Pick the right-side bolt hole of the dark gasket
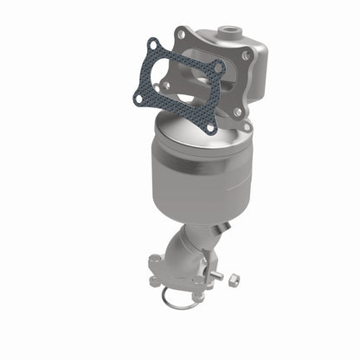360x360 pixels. click(220, 67)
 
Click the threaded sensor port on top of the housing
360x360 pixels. click(230, 32)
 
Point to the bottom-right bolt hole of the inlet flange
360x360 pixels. click(237, 112)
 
